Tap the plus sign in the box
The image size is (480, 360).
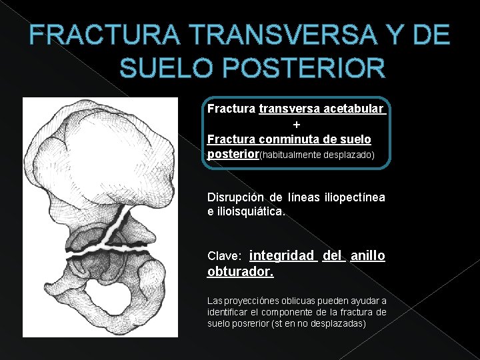297,124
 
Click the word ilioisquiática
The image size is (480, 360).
250,211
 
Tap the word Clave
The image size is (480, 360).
224,256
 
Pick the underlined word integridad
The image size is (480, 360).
281,255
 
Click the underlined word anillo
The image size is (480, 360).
367,255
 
